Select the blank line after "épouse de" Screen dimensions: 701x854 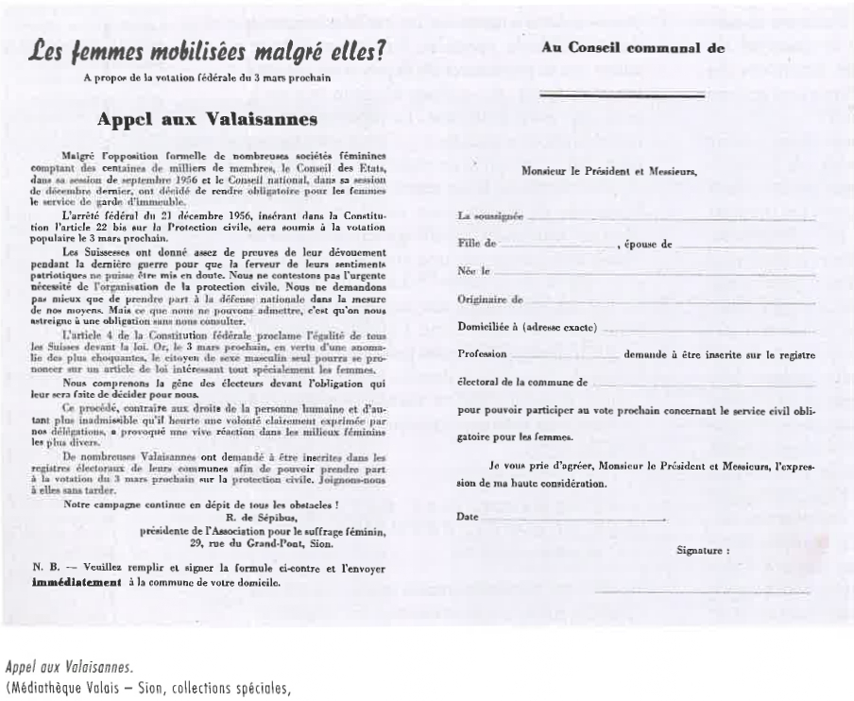[746, 247]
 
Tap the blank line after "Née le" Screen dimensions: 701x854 [652, 274]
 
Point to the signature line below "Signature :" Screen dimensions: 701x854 [704, 590]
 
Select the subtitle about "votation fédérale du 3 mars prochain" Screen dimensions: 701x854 [207, 77]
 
